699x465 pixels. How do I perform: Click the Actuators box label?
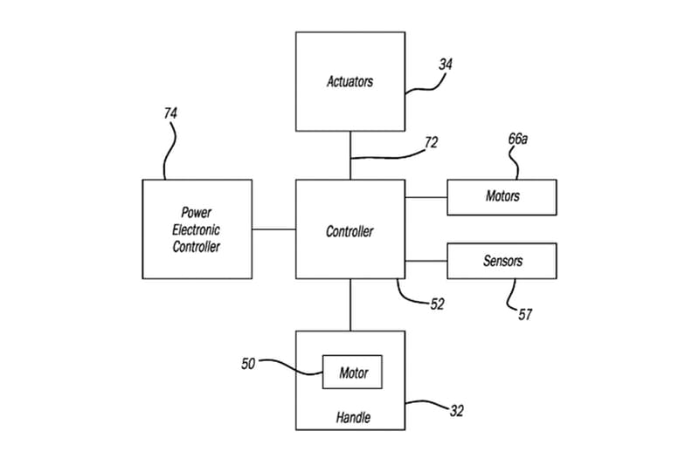point(349,82)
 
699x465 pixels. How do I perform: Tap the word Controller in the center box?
point(349,231)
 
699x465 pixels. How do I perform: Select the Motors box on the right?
point(502,196)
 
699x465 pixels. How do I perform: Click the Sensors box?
point(502,261)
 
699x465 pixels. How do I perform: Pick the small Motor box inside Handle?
point(353,373)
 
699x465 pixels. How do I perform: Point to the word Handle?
point(353,418)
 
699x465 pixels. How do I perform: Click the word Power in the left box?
point(196,213)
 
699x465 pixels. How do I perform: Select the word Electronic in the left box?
point(196,229)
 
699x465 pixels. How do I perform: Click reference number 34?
point(446,64)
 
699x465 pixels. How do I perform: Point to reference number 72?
point(431,142)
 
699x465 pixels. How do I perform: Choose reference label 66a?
point(517,139)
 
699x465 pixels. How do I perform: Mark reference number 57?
point(524,314)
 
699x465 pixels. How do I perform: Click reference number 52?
point(437,304)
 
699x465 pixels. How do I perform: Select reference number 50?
point(249,363)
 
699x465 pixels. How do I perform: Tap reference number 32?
point(456,411)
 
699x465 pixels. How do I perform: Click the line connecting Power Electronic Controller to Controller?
point(273,229)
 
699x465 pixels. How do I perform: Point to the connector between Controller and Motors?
point(426,197)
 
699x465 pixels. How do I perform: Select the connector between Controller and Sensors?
point(426,261)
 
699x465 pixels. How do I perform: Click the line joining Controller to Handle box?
point(350,304)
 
